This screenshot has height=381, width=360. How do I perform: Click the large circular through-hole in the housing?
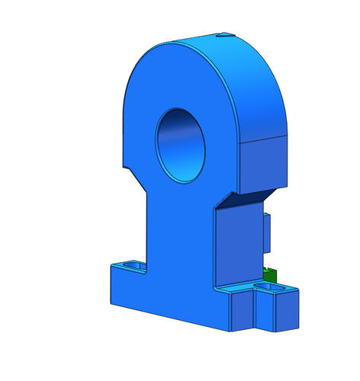point(181,145)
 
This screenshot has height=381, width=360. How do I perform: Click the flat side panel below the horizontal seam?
point(263,164)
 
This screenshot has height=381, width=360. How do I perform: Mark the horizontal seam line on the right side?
point(263,139)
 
